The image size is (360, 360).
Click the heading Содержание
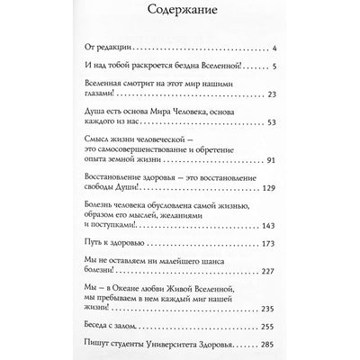(180, 13)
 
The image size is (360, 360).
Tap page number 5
(282, 67)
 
